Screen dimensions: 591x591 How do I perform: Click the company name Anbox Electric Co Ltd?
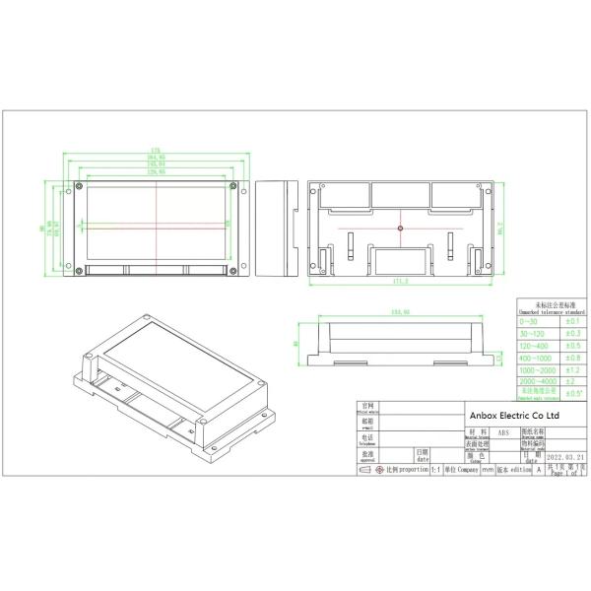513,417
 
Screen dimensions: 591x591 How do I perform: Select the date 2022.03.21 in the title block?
568,458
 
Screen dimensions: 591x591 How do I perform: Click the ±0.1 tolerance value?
572,322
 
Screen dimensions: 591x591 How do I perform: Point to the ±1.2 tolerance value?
572,369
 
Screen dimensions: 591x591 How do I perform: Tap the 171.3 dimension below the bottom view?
399,283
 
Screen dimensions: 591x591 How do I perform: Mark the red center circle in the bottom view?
400,229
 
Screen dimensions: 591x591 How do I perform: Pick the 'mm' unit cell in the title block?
487,471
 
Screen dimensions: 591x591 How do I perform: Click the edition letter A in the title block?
539,471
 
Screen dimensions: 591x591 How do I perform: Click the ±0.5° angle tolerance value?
572,393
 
